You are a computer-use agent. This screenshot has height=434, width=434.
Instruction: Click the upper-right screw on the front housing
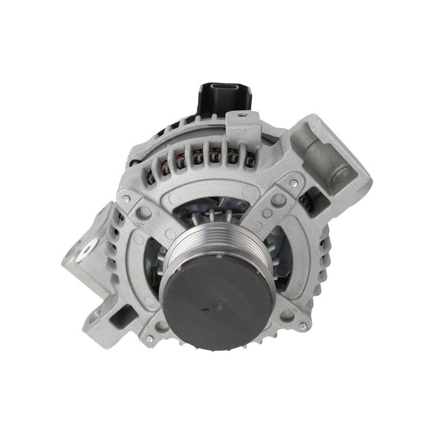293,180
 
